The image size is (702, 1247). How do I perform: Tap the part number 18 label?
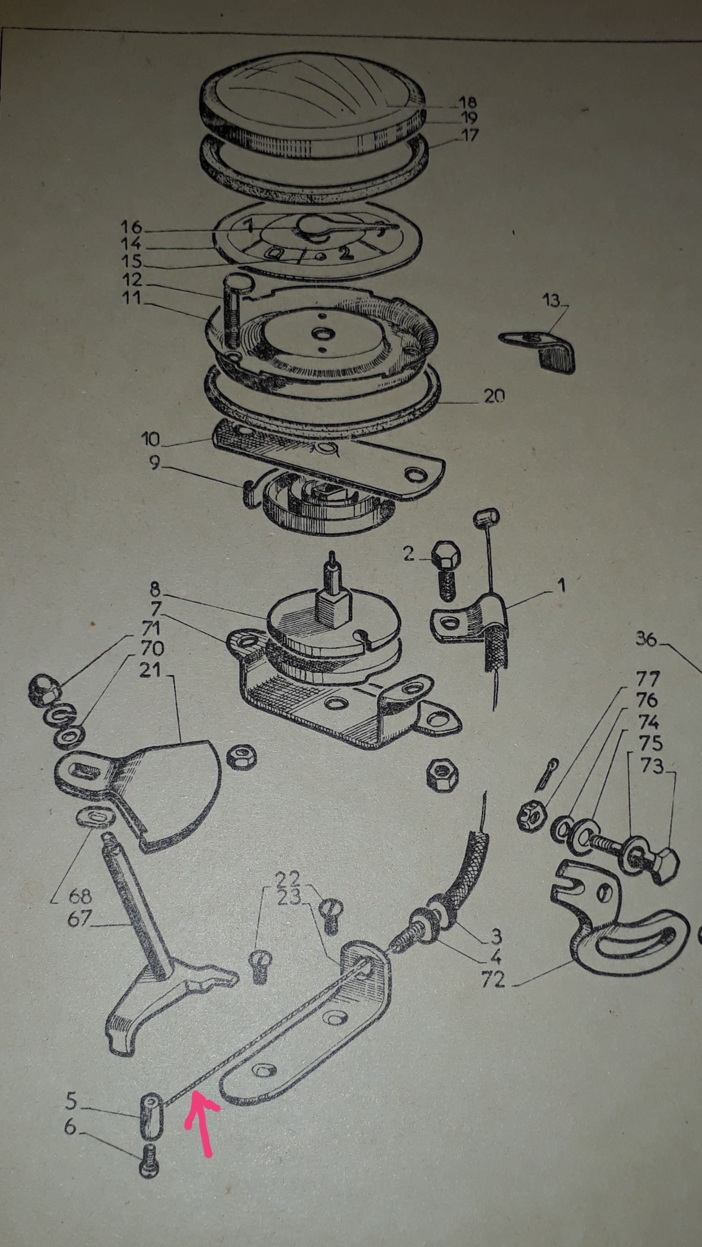(x=467, y=102)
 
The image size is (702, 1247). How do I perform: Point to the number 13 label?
(x=551, y=300)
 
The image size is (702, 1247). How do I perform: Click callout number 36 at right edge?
(x=646, y=639)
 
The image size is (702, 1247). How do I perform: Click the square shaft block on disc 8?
(x=333, y=610)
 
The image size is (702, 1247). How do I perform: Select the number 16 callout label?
(x=132, y=227)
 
